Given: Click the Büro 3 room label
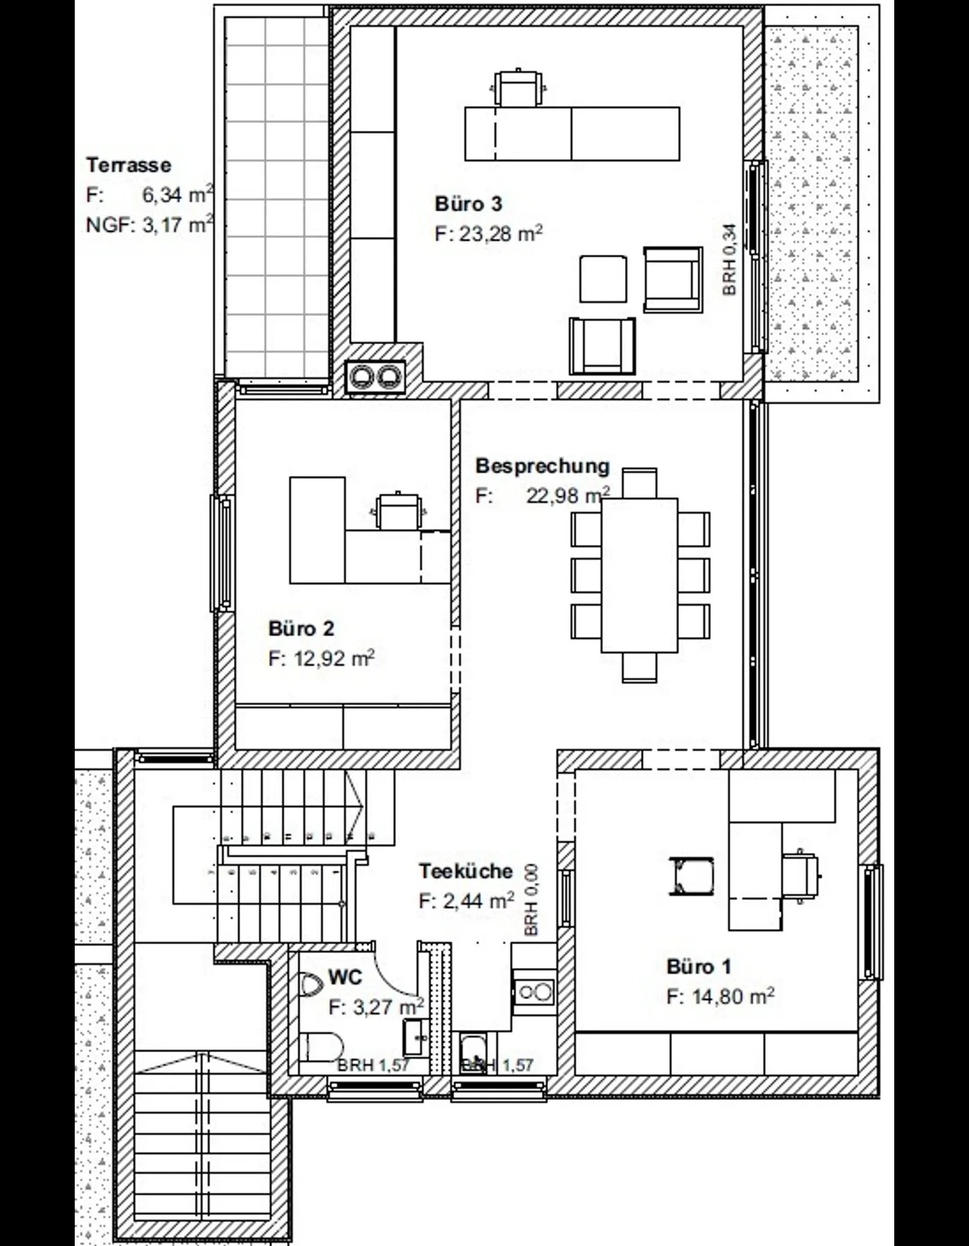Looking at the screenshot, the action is click(469, 204).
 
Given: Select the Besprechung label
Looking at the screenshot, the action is click(543, 467).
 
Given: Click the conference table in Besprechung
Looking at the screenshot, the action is click(640, 575).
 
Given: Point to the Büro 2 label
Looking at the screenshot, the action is click(301, 629).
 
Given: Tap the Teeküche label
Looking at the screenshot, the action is click(466, 871).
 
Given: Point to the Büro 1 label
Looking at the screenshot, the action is click(699, 966).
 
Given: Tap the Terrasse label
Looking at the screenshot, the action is click(129, 165).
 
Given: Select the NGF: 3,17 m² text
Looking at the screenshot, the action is click(150, 225).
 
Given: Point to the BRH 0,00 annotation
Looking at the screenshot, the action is click(532, 901).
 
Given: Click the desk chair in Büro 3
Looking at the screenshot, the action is click(518, 87).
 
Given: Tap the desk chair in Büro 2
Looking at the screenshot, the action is click(398, 510).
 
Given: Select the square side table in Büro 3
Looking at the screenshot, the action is click(604, 279).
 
